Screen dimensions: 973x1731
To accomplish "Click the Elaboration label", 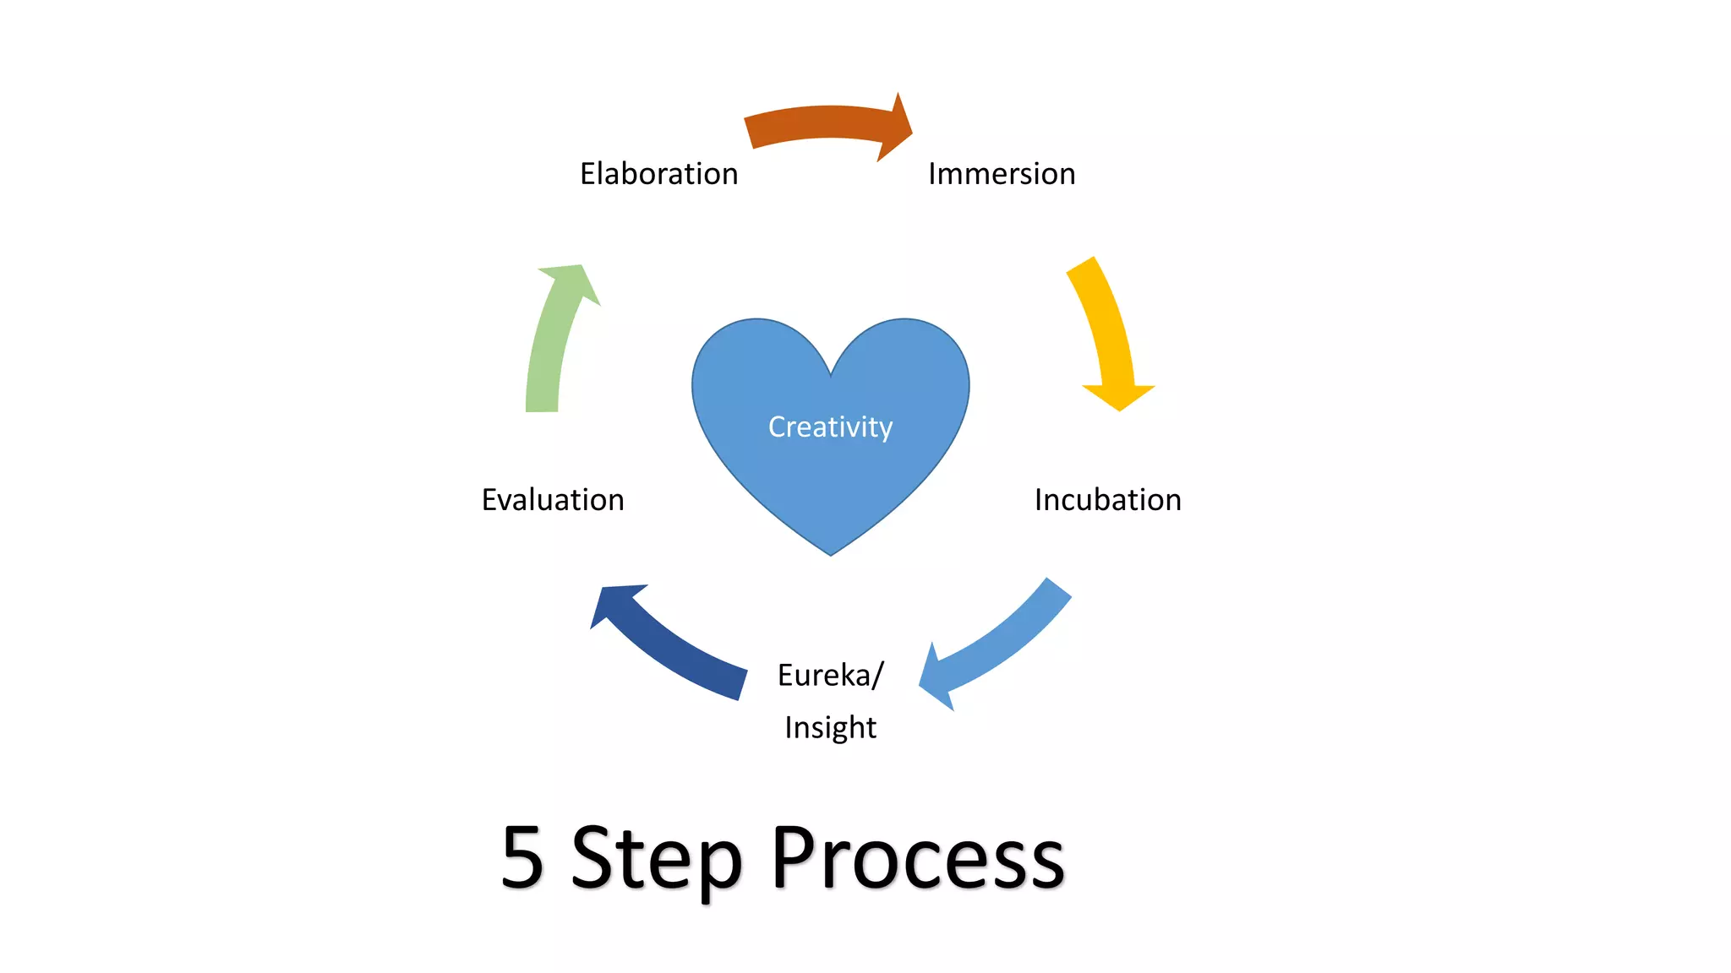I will [x=658, y=174].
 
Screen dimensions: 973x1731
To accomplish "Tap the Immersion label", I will [x=1002, y=174].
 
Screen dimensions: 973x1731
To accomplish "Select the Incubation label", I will [x=1107, y=500].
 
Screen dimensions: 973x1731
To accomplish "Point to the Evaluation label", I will [x=553, y=500].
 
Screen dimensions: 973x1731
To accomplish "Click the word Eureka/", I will [x=830, y=676].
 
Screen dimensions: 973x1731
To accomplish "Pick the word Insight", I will [x=830, y=727].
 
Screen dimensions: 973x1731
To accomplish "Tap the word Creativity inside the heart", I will [x=830, y=427].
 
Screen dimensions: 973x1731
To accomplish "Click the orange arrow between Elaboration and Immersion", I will [x=820, y=123].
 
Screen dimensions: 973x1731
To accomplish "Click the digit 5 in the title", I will [x=521, y=858].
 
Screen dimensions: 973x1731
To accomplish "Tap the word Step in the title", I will [x=658, y=860].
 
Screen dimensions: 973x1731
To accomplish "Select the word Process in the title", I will [x=918, y=860].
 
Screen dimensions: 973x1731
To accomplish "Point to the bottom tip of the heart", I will [x=831, y=553].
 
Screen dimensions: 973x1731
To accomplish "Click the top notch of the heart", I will [x=831, y=375].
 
